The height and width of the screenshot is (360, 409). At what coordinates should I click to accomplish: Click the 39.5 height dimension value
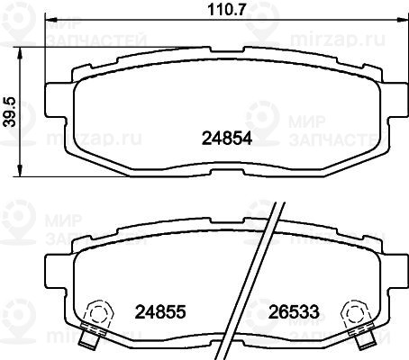coord(10,112)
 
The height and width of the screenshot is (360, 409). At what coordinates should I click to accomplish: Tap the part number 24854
coord(227,139)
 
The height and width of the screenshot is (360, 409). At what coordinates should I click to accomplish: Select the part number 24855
coord(160,311)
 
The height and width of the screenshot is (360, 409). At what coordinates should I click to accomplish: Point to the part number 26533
coord(294,311)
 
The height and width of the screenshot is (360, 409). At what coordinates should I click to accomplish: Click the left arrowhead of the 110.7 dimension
coord(50,20)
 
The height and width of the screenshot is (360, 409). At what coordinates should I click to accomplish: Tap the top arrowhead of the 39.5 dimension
coord(20,53)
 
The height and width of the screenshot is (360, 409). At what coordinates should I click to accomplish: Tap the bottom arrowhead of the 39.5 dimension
coord(20,171)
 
